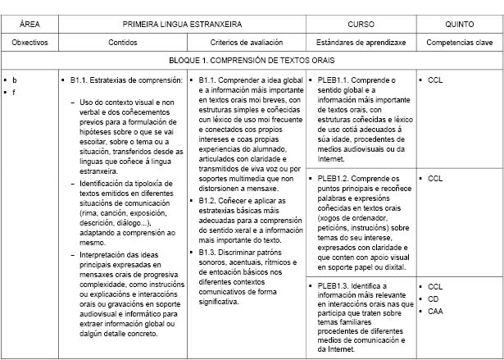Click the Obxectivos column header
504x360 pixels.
pos(30,41)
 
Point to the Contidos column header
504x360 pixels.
pos(123,41)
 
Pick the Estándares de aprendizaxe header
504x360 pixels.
pos(361,41)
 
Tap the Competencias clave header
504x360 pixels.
pos(459,41)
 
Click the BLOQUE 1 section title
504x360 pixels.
pos(252,60)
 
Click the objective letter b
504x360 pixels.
pos(15,80)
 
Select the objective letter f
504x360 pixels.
pos(15,91)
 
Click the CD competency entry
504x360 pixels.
pos(434,298)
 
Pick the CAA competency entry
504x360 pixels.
pos(436,311)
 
